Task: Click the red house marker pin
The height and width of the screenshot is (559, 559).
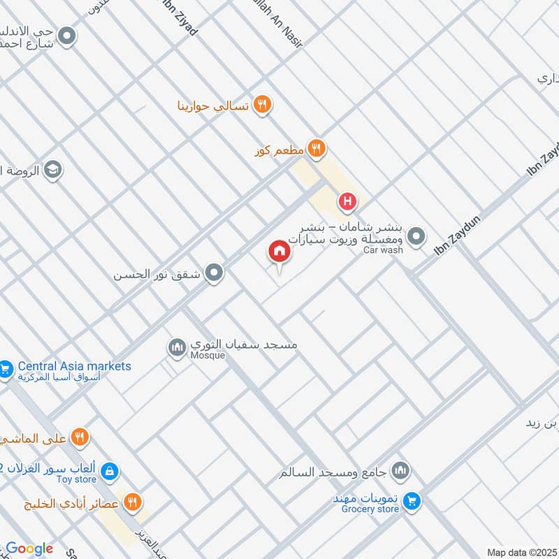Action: point(279,252)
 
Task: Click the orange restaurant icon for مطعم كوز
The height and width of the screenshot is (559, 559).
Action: point(317,147)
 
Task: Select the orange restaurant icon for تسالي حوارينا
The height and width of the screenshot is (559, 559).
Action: point(262,105)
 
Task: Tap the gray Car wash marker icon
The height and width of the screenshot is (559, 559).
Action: point(416,237)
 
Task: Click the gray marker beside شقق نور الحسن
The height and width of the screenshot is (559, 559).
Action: point(214,273)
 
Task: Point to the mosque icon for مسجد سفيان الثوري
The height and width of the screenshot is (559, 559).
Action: point(177,345)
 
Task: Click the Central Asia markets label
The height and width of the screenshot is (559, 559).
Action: point(74,366)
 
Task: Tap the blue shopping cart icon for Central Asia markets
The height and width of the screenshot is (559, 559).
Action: point(6,368)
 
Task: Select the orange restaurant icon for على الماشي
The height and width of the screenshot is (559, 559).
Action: point(80,438)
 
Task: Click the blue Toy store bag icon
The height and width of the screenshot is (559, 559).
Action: point(108,472)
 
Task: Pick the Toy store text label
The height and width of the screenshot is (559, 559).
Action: point(76,480)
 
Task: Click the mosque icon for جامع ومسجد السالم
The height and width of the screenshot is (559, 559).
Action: point(400,470)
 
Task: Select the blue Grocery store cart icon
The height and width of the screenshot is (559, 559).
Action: point(412,500)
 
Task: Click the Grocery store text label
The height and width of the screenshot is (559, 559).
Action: point(370,509)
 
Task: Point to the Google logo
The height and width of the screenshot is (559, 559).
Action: point(29,549)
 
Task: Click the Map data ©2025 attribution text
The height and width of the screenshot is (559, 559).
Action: point(522,552)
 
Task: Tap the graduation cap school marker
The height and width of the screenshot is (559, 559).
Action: point(52,169)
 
